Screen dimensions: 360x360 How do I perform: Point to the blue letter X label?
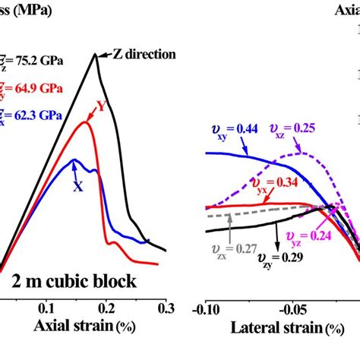click(77, 185)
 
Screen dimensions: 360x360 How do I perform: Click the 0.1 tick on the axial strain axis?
click(47, 308)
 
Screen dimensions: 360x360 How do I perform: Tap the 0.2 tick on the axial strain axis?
click(106, 308)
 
